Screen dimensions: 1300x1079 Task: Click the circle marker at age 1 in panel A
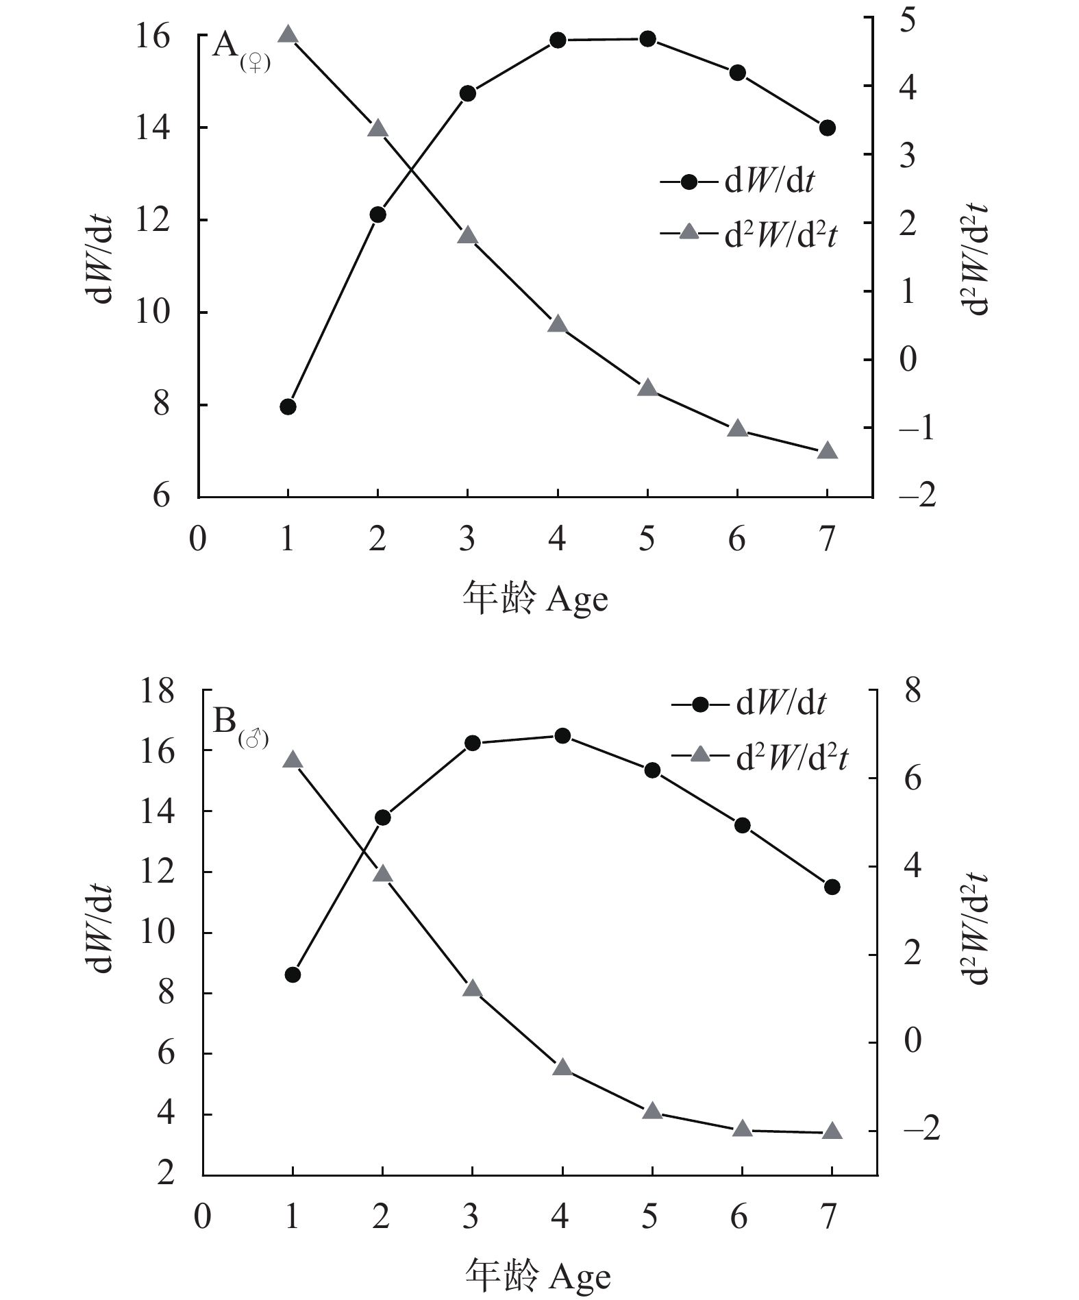[x=288, y=406]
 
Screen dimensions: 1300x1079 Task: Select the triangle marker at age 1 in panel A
[x=288, y=35]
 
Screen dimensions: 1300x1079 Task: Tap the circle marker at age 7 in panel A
[x=827, y=128]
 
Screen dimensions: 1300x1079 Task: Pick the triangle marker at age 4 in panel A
[x=558, y=324]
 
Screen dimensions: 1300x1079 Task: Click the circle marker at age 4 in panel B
[x=562, y=736]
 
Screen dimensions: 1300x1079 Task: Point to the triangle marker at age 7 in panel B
[x=832, y=1131]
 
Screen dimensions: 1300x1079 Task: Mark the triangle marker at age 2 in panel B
[x=382, y=874]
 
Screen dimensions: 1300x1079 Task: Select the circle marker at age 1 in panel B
[x=293, y=974]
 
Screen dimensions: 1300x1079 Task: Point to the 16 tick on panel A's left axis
[x=153, y=36]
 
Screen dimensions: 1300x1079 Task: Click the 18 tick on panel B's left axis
[x=157, y=691]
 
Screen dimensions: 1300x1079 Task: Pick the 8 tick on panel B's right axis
[x=913, y=691]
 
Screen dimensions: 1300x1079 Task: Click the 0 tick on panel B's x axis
[x=203, y=1216]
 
